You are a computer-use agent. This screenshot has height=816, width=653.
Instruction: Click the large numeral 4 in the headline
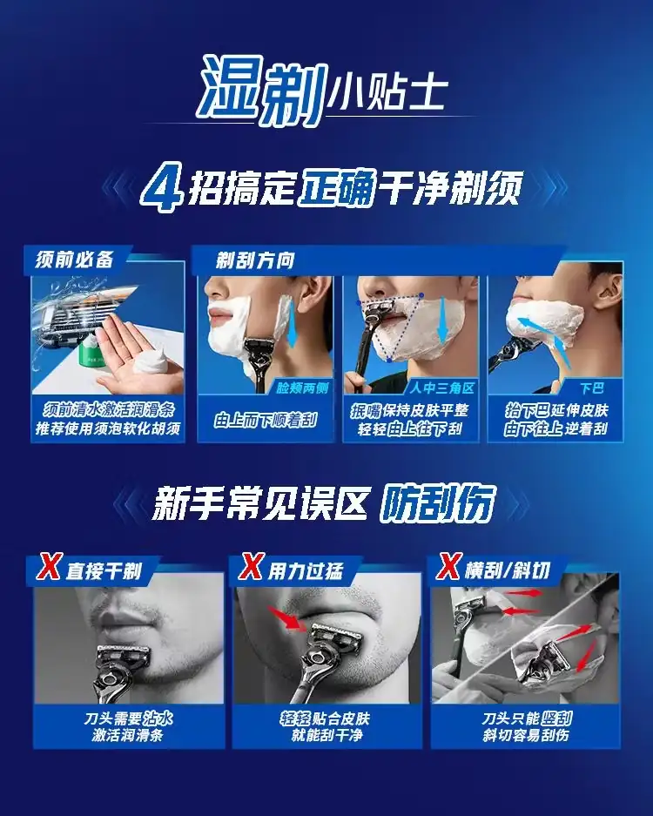pyautogui.click(x=162, y=191)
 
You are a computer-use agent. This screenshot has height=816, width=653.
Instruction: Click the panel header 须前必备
pyautogui.click(x=75, y=260)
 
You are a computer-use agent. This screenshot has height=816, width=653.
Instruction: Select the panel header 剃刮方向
pyautogui.click(x=255, y=260)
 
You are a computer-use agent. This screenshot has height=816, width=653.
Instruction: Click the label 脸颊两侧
pyautogui.click(x=302, y=388)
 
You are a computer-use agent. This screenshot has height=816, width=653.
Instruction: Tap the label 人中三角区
pyautogui.click(x=441, y=388)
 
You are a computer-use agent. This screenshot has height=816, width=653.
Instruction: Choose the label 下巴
pyautogui.click(x=591, y=388)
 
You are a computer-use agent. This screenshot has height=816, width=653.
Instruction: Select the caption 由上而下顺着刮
pyautogui.click(x=266, y=420)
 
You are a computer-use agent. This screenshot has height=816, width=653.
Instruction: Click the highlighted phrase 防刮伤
pyautogui.click(x=436, y=503)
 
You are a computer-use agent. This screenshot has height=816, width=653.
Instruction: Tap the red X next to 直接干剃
pyautogui.click(x=49, y=567)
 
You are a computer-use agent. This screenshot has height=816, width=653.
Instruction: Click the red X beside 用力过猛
pyautogui.click(x=251, y=567)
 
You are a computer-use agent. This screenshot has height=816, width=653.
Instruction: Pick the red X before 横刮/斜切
pyautogui.click(x=448, y=567)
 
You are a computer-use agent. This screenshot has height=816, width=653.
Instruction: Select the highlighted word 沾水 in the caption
pyautogui.click(x=158, y=719)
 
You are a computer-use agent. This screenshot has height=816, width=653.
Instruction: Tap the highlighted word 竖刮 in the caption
pyautogui.click(x=556, y=719)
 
